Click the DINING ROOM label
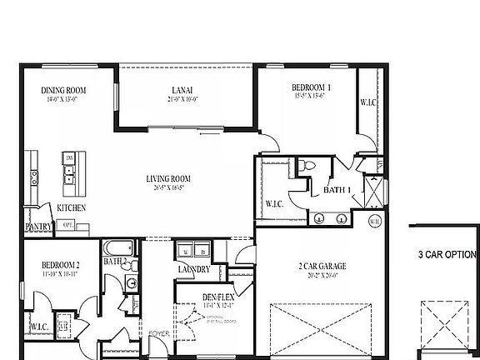64,90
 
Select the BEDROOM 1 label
312,87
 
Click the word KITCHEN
70,207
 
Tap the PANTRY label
38,226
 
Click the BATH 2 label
115,261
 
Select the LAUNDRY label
193,268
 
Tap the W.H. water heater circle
374,221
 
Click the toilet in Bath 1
309,166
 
